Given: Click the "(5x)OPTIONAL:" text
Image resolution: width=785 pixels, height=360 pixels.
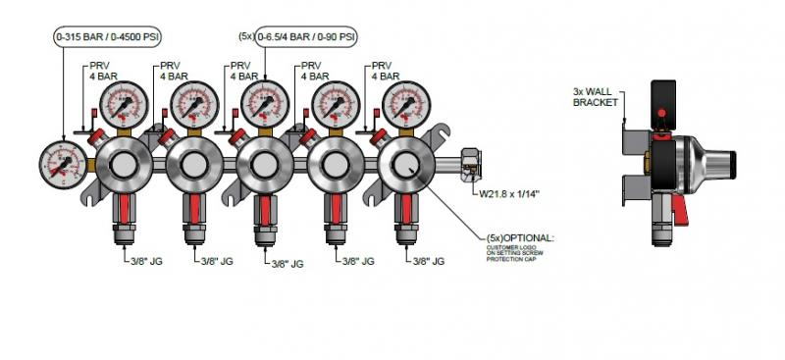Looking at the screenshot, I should tap(520, 237).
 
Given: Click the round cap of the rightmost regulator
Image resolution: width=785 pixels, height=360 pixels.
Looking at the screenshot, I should tap(403, 166).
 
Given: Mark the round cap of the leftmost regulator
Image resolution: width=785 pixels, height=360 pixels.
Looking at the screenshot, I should tap(124, 166).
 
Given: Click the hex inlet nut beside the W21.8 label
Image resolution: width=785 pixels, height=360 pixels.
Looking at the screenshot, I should tap(469, 160).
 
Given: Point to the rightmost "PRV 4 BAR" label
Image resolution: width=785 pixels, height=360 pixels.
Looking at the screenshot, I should tap(385, 71).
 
